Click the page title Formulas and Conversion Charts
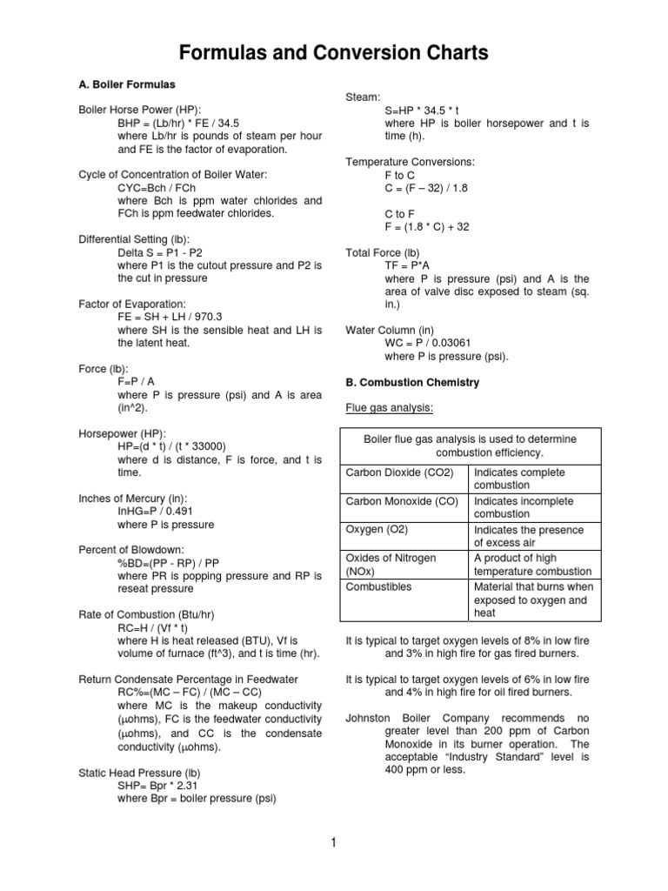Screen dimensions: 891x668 pos(333,53)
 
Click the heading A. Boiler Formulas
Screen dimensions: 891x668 pos(127,85)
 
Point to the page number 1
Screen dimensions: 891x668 pos(333,841)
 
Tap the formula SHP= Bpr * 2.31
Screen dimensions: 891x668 pos(165,785)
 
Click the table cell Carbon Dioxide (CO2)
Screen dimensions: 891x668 pos(400,472)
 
